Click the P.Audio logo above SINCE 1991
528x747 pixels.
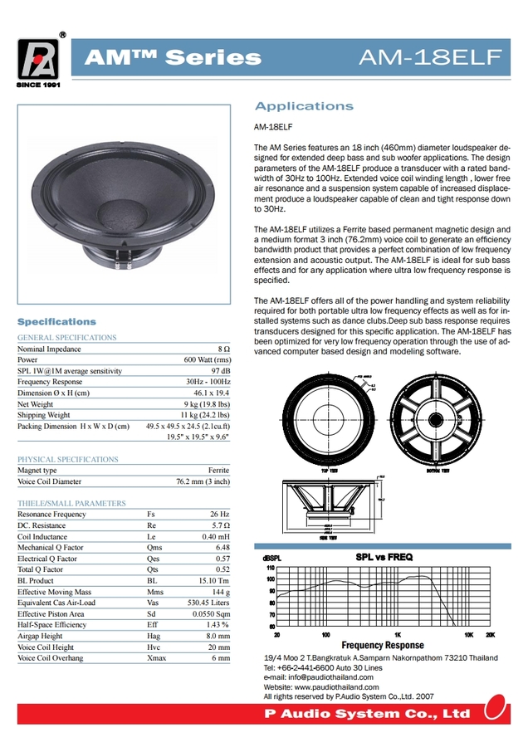[x=38, y=58]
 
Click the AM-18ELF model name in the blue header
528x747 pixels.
[x=429, y=57]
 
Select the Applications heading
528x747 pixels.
[x=304, y=106]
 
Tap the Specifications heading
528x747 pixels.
[x=56, y=321]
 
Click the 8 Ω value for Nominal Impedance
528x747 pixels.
[x=223, y=349]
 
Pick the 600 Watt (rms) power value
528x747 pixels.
[x=206, y=360]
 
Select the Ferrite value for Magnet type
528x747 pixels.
[x=218, y=470]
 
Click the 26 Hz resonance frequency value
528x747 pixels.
[x=219, y=515]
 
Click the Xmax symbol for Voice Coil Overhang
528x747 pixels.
[x=155, y=658]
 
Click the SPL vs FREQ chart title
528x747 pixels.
[x=384, y=557]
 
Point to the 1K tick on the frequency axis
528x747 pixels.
[x=398, y=634]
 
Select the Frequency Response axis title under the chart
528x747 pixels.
[x=383, y=645]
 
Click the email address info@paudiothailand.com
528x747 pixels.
[x=326, y=677]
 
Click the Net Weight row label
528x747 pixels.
[x=36, y=404]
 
